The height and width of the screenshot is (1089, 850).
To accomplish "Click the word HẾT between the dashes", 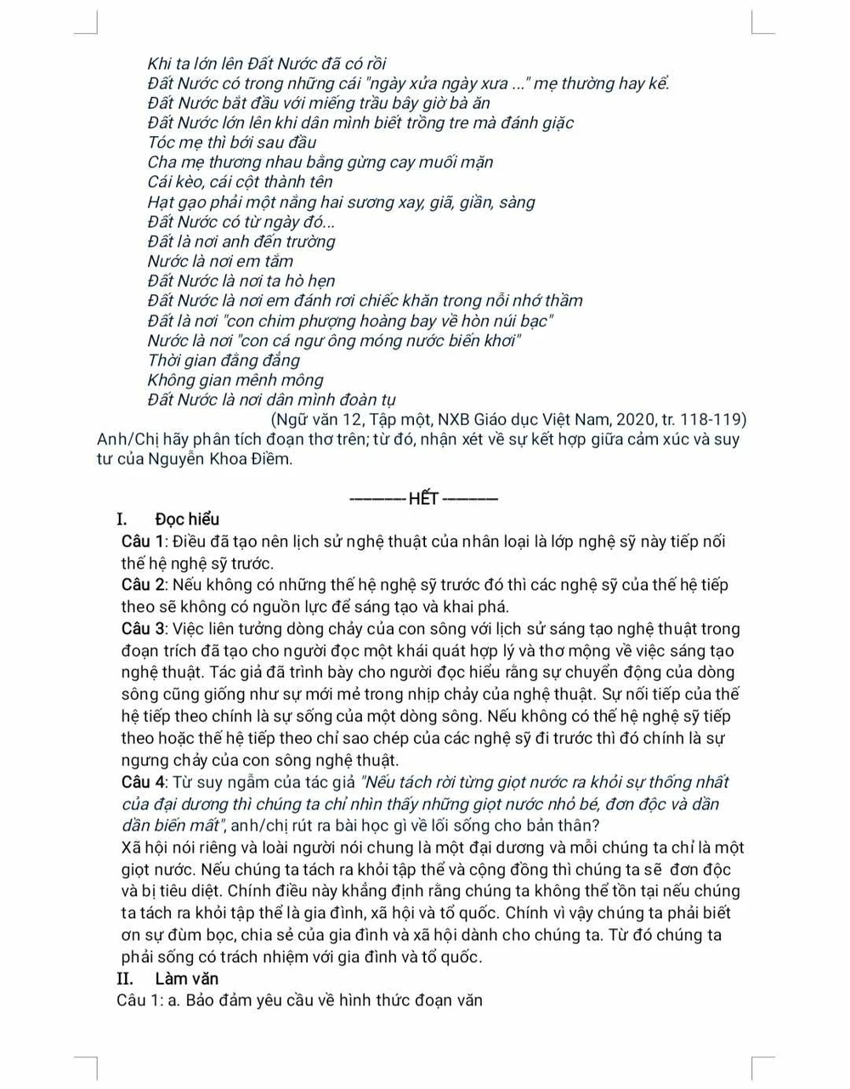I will pos(424,499).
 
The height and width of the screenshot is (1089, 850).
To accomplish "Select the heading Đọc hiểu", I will pos(187,519).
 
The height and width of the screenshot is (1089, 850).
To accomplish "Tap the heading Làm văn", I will pos(186,978).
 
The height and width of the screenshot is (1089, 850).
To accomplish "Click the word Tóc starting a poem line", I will pos(163,142).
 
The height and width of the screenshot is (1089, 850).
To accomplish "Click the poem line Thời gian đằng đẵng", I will pos(224,360).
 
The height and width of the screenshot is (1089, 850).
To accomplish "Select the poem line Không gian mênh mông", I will pos(235,380).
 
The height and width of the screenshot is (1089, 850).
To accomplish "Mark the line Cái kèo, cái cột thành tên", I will pos(240,182).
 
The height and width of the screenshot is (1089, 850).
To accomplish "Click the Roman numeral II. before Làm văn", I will pos(125,978).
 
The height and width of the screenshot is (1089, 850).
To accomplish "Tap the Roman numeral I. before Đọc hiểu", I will pos(122,519).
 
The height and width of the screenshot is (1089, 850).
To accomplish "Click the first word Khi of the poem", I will pos(160,64).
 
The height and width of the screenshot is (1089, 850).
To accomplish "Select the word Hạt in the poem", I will pos(161,202).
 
